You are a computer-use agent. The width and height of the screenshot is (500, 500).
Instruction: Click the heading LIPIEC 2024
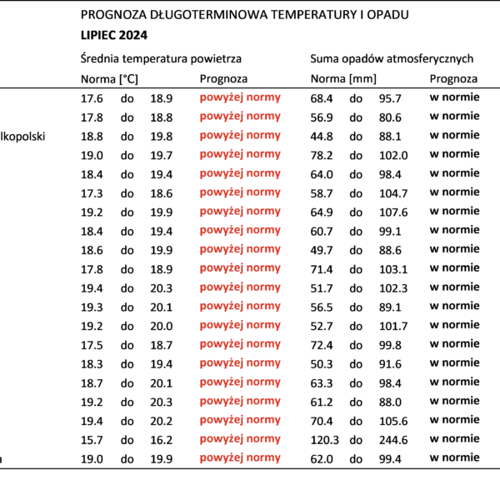(114, 35)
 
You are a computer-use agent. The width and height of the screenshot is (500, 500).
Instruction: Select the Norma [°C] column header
(109, 79)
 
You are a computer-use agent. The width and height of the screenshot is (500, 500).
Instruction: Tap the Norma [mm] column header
(343, 79)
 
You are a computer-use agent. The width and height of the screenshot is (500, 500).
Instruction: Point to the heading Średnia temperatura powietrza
(161, 58)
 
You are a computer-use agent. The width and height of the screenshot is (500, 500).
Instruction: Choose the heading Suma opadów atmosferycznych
(392, 58)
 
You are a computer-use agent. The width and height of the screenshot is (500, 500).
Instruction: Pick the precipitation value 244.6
(393, 440)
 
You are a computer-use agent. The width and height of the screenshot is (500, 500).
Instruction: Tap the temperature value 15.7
(92, 440)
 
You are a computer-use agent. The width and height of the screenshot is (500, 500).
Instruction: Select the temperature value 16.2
(162, 440)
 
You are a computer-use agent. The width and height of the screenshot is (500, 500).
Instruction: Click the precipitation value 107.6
(393, 212)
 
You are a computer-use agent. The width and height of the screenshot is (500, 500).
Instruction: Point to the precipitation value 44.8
(322, 137)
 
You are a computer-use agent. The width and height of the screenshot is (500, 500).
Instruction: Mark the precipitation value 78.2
(322, 156)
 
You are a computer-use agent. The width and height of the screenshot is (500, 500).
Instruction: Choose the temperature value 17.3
(92, 193)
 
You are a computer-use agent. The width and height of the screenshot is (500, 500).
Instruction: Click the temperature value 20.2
(162, 421)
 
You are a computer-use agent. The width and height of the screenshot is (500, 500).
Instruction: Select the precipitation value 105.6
(393, 421)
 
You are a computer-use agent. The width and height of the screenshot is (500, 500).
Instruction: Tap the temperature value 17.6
(92, 98)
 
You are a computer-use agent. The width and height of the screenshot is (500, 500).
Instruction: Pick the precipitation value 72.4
(322, 345)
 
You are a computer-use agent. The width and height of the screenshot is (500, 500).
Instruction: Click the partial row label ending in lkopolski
(22, 137)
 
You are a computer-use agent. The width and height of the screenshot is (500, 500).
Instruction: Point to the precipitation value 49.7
(322, 250)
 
